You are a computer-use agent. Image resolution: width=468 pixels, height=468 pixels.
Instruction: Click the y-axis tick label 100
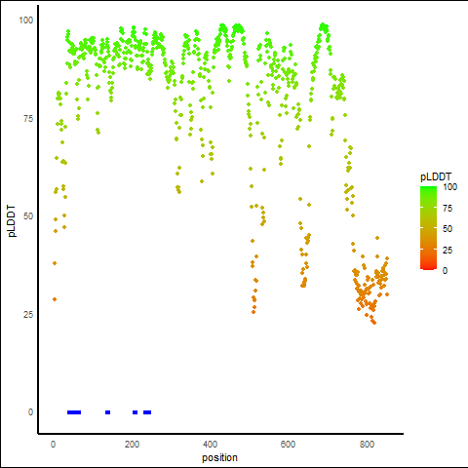pyautogui.click(x=26, y=20)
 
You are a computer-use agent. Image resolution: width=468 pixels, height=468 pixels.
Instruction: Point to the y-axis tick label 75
pyautogui.click(x=28, y=119)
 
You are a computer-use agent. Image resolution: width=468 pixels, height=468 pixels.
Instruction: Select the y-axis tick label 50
pyautogui.click(x=28, y=216)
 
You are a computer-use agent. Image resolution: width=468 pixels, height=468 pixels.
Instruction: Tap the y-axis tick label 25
pyautogui.click(x=28, y=315)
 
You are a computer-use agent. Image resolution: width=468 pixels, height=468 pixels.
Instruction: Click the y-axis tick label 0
pyautogui.click(x=30, y=412)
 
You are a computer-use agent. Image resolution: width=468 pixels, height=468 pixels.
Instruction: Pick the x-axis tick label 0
pyautogui.click(x=54, y=445)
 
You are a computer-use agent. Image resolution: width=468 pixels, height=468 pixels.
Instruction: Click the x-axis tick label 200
pyautogui.click(x=132, y=445)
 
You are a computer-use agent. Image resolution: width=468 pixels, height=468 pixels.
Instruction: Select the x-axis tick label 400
pyautogui.click(x=210, y=445)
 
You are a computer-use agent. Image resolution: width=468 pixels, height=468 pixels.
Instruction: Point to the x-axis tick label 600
pyautogui.click(x=288, y=445)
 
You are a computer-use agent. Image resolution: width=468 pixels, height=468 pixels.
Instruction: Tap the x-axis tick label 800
pyautogui.click(x=367, y=445)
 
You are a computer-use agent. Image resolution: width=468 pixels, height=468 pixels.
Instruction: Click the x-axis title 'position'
pyautogui.click(x=219, y=458)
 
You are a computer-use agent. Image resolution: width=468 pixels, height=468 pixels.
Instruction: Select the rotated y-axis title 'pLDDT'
pyautogui.click(x=12, y=221)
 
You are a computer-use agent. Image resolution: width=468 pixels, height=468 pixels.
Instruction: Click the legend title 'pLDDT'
pyautogui.click(x=436, y=177)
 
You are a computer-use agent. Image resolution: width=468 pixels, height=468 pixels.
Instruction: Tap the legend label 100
pyautogui.click(x=449, y=187)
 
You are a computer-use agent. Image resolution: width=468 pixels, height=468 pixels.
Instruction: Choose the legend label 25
pyautogui.click(x=448, y=250)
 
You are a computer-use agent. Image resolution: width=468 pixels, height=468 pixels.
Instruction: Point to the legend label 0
pyautogui.click(x=446, y=271)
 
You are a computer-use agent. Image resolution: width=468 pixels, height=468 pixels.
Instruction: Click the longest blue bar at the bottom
pyautogui.click(x=74, y=412)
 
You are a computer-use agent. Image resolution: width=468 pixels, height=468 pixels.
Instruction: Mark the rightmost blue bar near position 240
pyautogui.click(x=147, y=412)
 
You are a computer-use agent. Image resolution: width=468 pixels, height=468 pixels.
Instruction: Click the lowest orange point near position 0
pyautogui.click(x=55, y=299)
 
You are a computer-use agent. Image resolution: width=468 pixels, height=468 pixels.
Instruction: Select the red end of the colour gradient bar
pyautogui.click(x=428, y=268)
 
